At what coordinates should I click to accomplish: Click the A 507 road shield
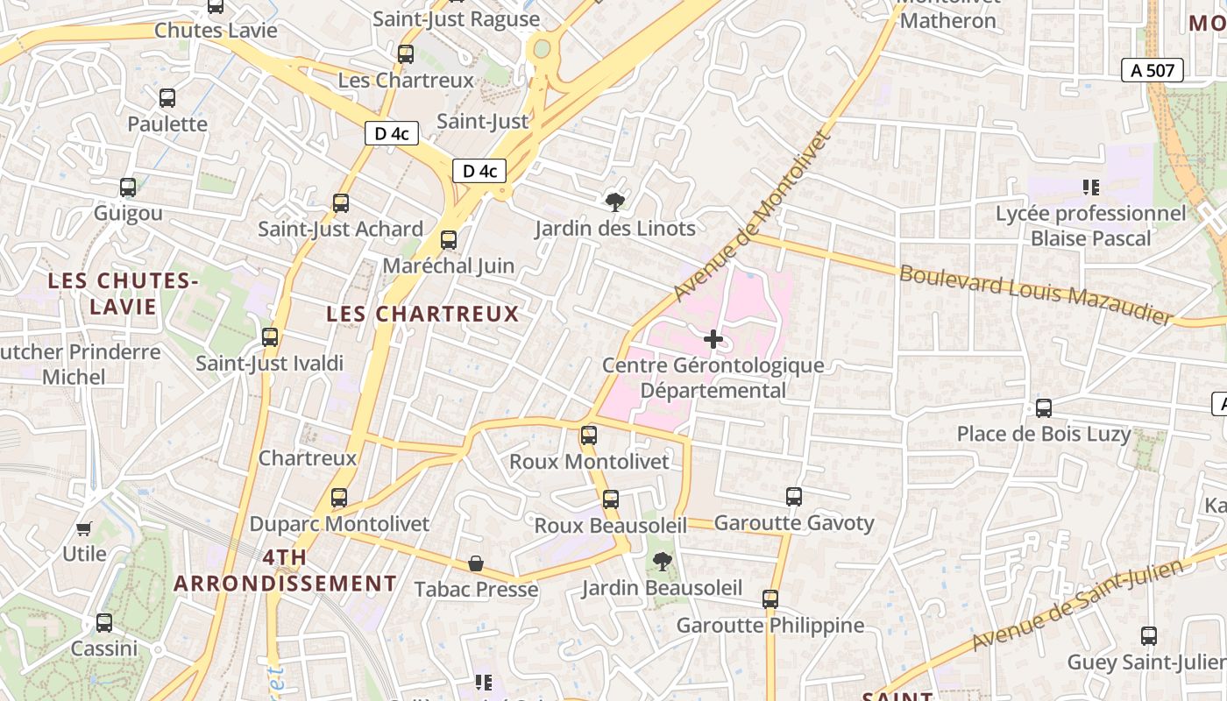(x=1153, y=71)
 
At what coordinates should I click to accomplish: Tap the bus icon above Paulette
(x=167, y=98)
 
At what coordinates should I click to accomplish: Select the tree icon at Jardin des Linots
(x=615, y=202)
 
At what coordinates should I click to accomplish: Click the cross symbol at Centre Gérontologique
(x=713, y=339)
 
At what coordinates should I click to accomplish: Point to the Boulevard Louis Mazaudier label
(x=1035, y=293)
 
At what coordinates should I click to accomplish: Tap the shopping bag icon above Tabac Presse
(x=476, y=563)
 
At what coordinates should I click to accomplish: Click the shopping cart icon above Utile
(x=84, y=528)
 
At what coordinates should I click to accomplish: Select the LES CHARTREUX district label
(x=422, y=314)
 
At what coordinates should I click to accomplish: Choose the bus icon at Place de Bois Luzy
(x=1043, y=407)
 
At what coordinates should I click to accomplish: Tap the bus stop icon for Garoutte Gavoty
(x=794, y=497)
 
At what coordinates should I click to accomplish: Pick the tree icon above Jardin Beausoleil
(x=663, y=561)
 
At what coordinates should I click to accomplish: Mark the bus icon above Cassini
(x=104, y=623)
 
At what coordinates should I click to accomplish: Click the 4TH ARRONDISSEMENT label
(x=285, y=570)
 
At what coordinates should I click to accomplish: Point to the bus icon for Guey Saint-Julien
(x=1148, y=636)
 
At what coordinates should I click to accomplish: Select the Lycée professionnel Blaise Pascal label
(x=1090, y=226)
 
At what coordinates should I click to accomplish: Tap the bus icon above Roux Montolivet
(x=589, y=435)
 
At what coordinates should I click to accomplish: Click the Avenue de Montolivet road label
(x=751, y=216)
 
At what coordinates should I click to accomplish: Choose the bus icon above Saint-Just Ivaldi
(x=270, y=336)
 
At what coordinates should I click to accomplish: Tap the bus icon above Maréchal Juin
(x=449, y=239)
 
